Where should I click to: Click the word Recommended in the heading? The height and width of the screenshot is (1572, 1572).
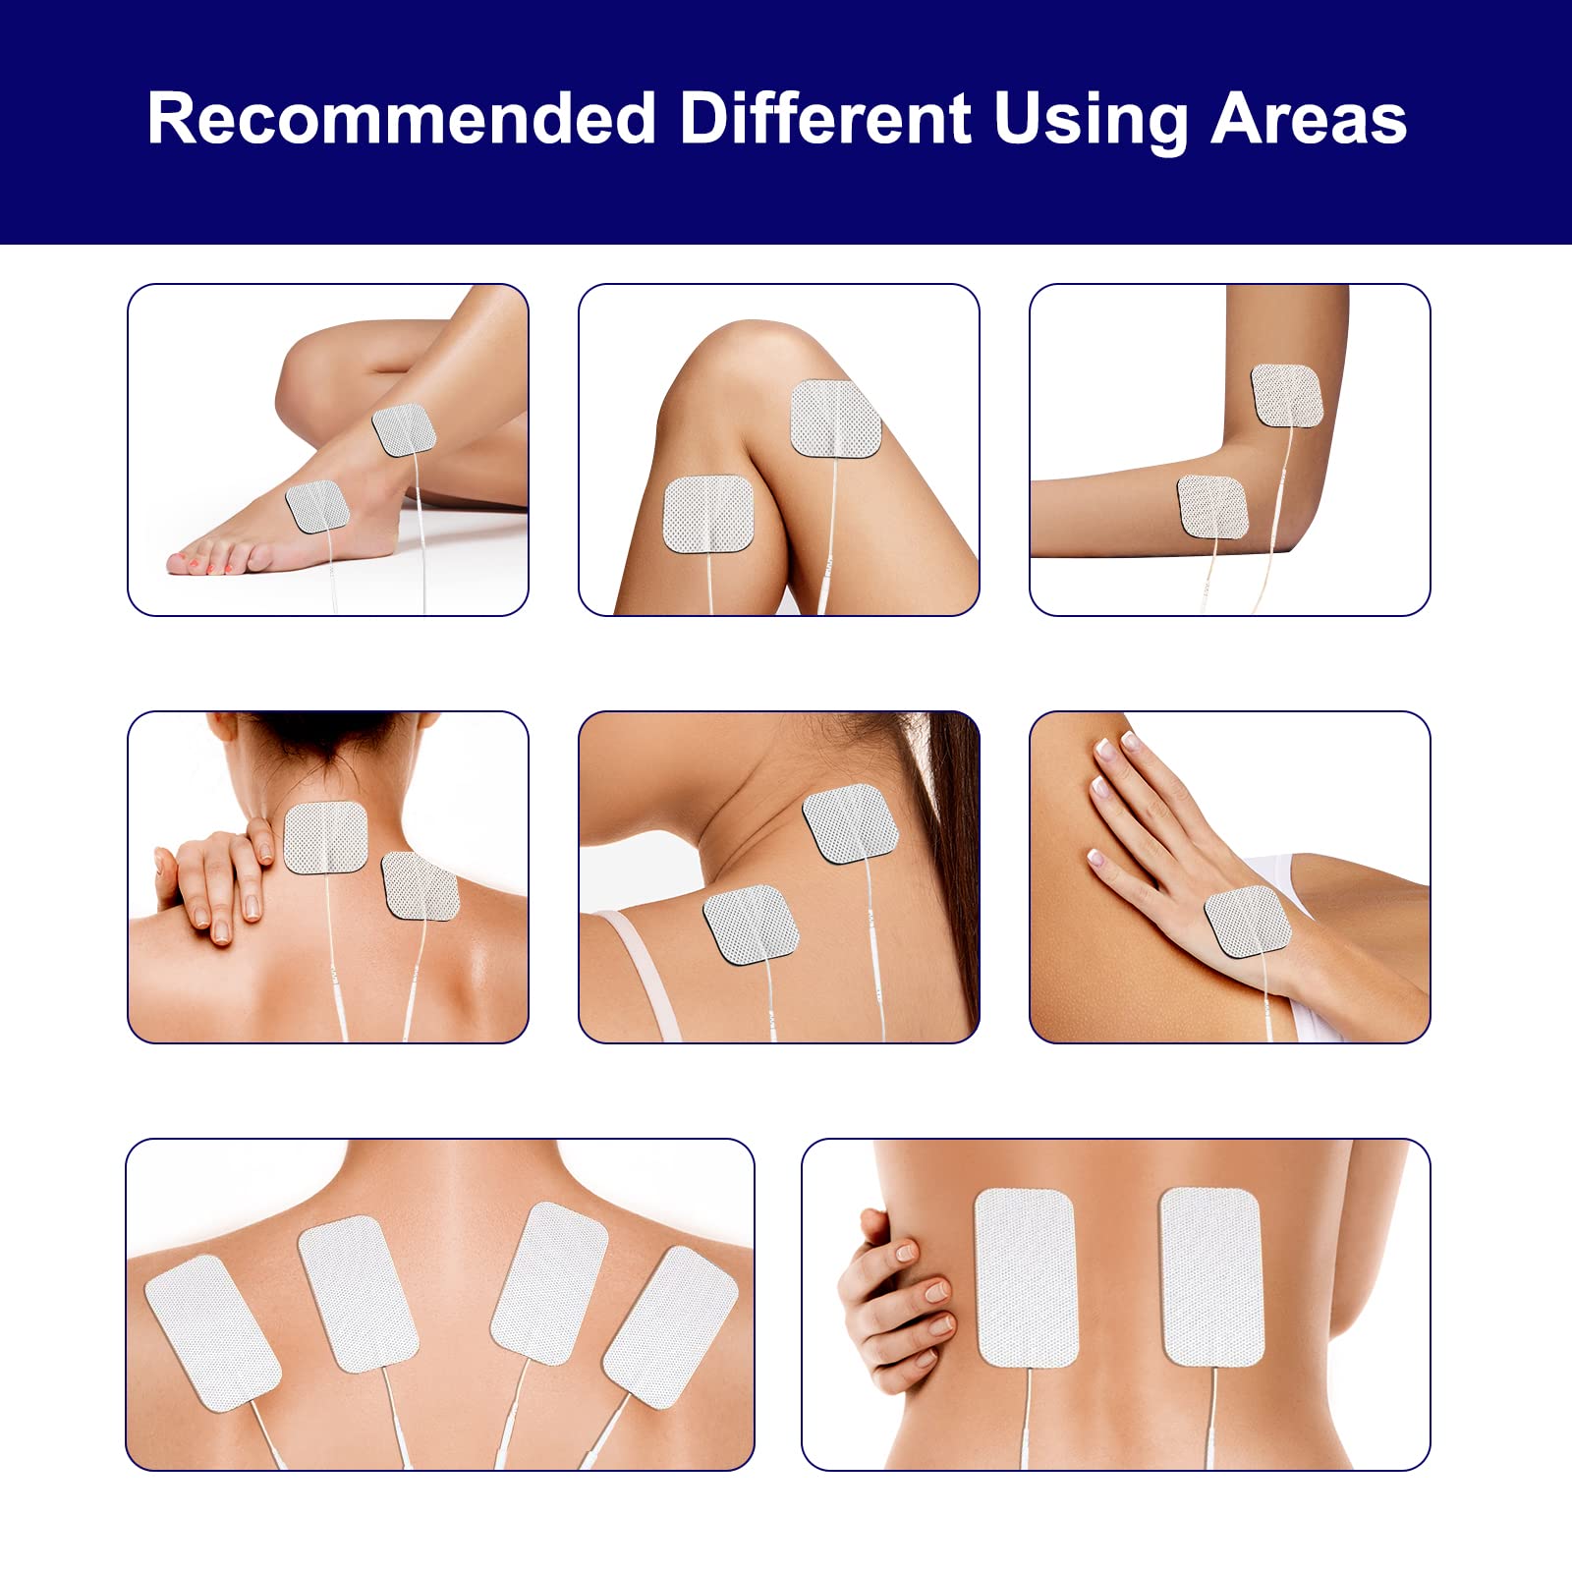tap(402, 119)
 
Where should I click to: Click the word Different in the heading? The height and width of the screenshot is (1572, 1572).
tap(825, 119)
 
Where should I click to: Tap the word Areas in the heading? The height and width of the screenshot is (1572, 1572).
tap(1309, 119)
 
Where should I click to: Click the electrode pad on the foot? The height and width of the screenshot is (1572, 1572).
tap(317, 506)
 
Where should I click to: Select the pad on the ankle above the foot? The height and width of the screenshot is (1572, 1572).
tap(404, 429)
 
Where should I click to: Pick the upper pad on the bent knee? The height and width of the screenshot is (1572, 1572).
tap(836, 419)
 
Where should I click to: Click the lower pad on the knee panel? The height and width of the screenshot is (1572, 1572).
tap(708, 513)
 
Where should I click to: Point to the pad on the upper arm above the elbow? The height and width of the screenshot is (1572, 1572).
tap(1288, 395)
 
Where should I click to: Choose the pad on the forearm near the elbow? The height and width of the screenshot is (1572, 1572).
tap(1212, 506)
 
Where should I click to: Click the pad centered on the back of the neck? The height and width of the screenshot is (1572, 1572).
tap(325, 837)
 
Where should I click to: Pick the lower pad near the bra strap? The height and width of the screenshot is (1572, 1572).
tap(745, 925)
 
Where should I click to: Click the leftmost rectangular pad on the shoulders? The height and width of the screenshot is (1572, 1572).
tap(213, 1333)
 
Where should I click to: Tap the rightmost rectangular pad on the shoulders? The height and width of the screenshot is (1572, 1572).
tap(670, 1326)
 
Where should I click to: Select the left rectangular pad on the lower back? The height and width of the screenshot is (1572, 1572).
tap(1026, 1277)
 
